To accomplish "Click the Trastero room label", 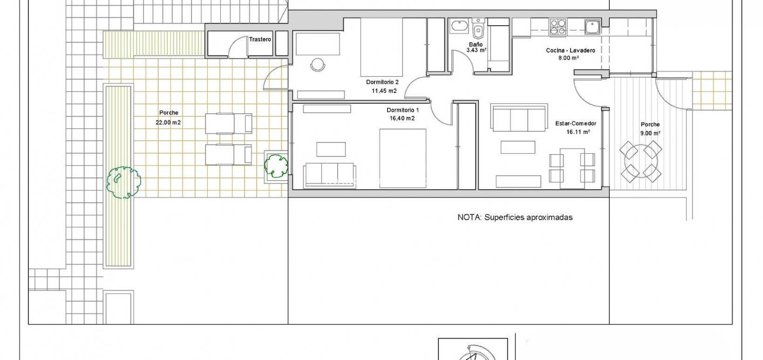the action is [260, 40].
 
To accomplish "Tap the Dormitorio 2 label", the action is [382, 82].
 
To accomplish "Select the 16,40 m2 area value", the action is [402, 118].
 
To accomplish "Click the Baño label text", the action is [476, 44].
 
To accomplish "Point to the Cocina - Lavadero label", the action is [571, 50].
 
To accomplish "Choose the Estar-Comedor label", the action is [576, 123].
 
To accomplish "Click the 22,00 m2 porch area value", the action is [168, 122].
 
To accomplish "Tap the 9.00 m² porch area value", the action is [650, 133].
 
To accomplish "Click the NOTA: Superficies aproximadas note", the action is [515, 217].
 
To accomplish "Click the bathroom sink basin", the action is [459, 26].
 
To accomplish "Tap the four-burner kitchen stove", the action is [558, 27].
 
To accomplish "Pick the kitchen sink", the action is [593, 27].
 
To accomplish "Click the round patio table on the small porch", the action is [640, 162].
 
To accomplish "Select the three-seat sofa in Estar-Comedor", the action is [519, 118].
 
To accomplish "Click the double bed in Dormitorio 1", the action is [403, 158].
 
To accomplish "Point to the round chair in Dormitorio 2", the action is [318, 65].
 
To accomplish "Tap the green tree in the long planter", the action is [123, 182].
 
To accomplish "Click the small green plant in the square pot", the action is [276, 166].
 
